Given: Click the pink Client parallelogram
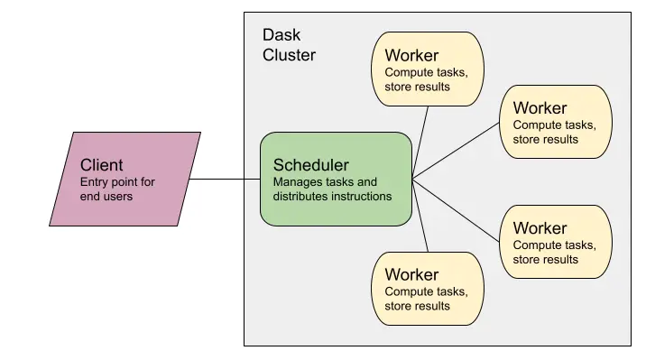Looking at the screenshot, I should click(125, 179).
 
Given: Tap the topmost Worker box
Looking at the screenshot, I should click(427, 69).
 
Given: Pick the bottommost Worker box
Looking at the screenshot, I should click(427, 289).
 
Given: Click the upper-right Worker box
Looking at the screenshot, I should click(556, 122).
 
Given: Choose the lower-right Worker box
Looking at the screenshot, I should click(556, 242).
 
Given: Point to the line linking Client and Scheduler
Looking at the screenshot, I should click(226, 179).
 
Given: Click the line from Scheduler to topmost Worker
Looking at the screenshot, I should click(421, 139).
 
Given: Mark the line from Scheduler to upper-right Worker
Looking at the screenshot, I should click(456, 150).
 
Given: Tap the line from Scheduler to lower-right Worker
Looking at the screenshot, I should click(456, 207).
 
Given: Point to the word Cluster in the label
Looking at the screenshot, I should click(289, 55).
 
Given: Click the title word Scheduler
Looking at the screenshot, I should click(310, 165).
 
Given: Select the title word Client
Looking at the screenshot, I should click(101, 165).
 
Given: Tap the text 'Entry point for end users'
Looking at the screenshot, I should click(117, 189).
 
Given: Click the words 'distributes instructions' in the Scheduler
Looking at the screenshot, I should click(332, 196).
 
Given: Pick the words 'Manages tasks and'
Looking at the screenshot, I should click(325, 181).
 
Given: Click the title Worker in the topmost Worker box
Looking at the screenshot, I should click(411, 56).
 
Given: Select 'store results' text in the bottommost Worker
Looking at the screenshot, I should click(417, 306).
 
